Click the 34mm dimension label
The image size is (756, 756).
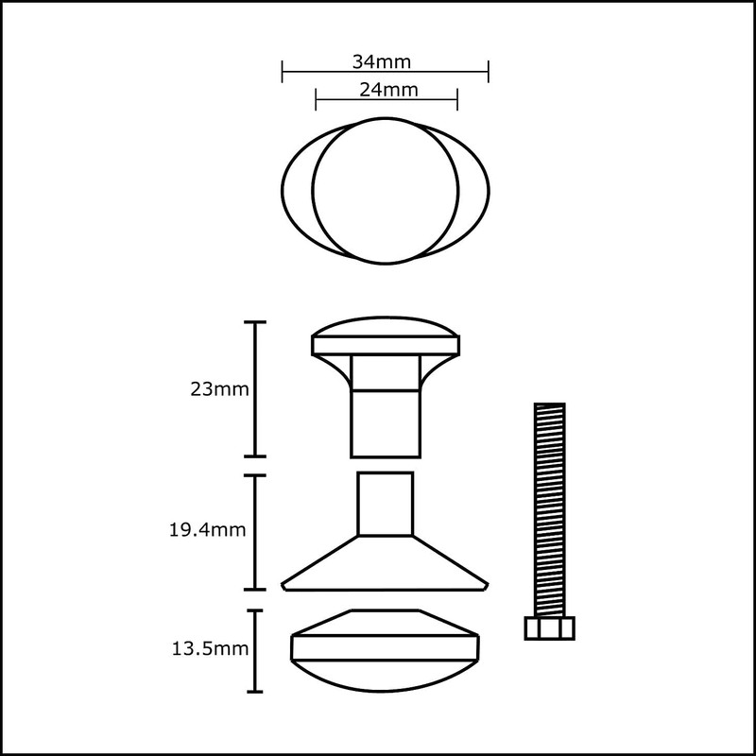[382, 62]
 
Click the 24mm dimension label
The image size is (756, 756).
[388, 90]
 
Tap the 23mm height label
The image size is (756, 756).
[219, 389]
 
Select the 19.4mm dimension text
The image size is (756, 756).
[207, 530]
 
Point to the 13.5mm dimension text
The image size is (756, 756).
[210, 649]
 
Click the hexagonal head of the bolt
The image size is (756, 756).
[550, 628]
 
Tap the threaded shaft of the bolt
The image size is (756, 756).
[550, 509]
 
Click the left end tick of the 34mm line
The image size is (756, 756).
[282, 72]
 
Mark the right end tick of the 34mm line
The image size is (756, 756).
[489, 72]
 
